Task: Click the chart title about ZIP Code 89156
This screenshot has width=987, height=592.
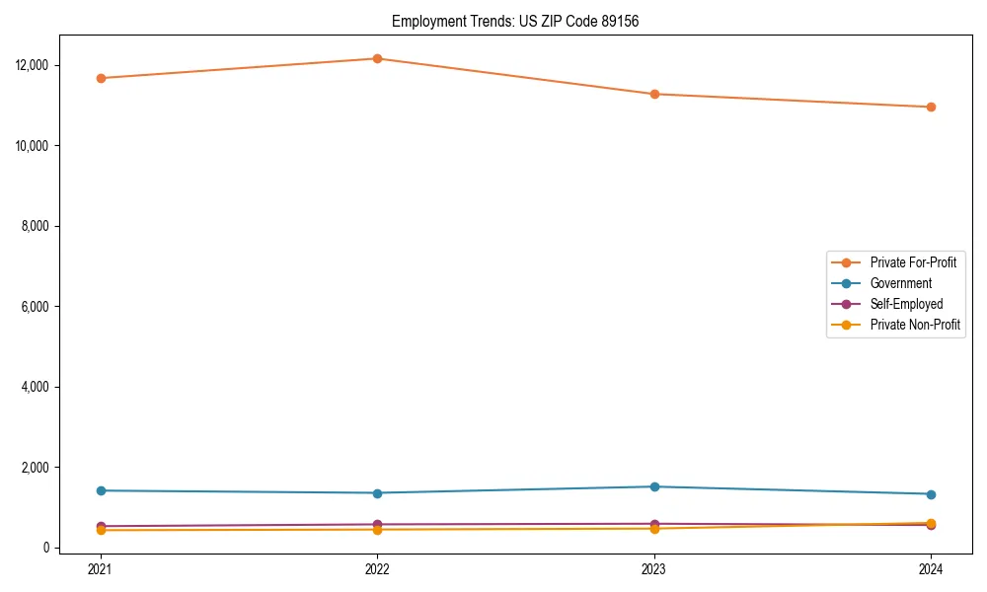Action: (515, 21)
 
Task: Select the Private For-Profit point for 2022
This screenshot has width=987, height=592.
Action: (377, 58)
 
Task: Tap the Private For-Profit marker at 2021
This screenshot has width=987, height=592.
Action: (100, 78)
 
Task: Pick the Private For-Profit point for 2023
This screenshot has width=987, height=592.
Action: (654, 94)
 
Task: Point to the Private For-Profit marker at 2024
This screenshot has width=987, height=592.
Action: (931, 107)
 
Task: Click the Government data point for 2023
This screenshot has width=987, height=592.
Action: (654, 486)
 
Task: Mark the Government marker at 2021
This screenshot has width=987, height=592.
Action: (100, 490)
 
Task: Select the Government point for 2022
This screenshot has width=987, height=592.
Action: (377, 493)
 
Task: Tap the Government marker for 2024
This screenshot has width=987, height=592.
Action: (931, 494)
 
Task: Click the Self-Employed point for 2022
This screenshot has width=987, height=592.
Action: (377, 524)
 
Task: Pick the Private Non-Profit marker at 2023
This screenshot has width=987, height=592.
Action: (654, 529)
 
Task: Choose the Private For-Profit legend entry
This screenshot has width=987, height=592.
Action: (912, 262)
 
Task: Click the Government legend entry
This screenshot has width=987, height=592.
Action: (900, 283)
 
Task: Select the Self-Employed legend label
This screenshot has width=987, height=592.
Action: (906, 304)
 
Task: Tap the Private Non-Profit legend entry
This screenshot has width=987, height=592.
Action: (915, 325)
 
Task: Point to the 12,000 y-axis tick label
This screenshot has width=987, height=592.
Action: (34, 65)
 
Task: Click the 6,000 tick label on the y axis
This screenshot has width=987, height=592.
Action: (37, 307)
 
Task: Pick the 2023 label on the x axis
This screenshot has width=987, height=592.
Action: (654, 568)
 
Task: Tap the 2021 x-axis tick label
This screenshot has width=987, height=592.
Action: (100, 568)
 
